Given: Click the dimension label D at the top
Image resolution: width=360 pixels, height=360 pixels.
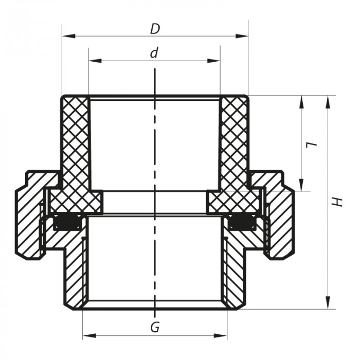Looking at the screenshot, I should (x=155, y=29).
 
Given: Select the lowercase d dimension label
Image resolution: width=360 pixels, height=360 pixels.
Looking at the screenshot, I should (x=154, y=53).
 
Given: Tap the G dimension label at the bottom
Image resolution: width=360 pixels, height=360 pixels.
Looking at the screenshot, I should (x=154, y=327).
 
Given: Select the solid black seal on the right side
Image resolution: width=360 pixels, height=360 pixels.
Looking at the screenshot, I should (x=241, y=222).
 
